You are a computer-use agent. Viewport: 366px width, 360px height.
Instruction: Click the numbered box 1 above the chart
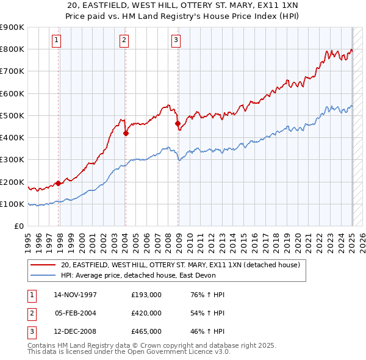(x=56, y=41)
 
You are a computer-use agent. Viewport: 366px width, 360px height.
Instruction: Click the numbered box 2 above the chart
(x=124, y=41)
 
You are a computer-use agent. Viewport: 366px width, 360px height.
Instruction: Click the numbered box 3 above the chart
(x=176, y=41)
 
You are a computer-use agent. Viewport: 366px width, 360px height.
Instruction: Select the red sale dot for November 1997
(x=59, y=182)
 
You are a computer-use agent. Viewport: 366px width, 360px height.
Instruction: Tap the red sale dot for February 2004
(x=126, y=132)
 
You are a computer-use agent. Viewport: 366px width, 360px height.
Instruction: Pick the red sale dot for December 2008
(x=178, y=123)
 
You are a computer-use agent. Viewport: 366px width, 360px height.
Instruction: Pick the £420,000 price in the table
(x=146, y=313)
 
